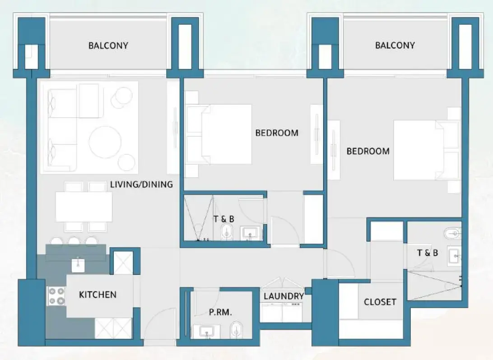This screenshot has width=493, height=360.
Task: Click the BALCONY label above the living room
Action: [108, 46]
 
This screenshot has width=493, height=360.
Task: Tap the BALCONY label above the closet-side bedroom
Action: [395, 45]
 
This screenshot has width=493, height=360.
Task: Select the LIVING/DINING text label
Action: [141, 184]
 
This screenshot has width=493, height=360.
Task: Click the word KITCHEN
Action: [98, 295]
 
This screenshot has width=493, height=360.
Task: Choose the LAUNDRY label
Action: [284, 296]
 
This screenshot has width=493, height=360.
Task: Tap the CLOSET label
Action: [380, 302]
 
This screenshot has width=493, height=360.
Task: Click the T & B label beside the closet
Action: [427, 253]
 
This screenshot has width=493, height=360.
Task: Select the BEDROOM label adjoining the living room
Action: [277, 133]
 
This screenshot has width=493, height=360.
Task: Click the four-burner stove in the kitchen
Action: [56, 296]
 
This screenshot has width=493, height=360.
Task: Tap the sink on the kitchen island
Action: [79, 264]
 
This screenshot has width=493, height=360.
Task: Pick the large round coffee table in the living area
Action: [105, 142]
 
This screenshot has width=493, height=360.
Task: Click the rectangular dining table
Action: [84, 207]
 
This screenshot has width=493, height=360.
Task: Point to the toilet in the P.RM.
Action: [236, 331]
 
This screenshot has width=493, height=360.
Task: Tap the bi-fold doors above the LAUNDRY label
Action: [283, 282]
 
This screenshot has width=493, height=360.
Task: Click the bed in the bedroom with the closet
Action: [420, 150]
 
